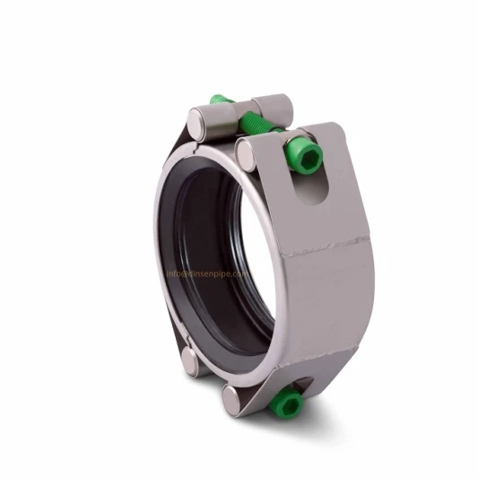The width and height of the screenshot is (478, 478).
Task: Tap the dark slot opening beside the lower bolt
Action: tap(309, 387)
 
